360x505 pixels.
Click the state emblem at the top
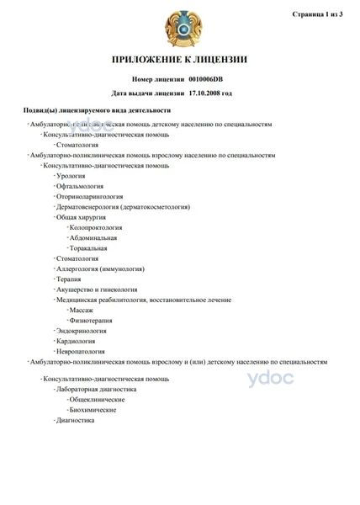[x=180, y=26]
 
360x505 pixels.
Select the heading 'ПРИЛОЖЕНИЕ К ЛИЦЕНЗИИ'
[x=180, y=61]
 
